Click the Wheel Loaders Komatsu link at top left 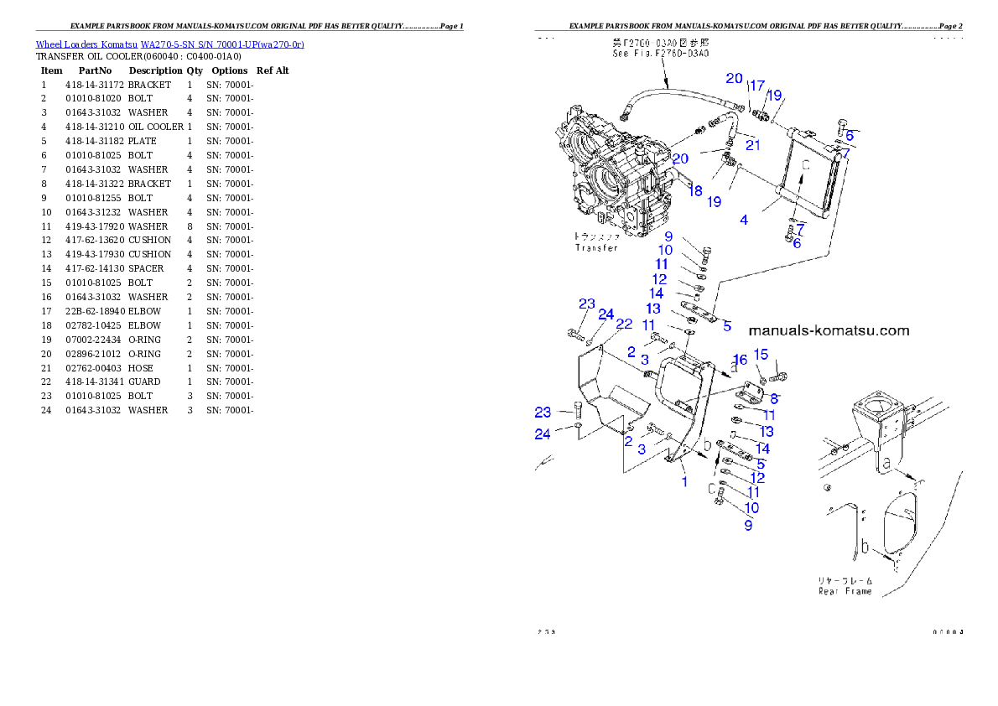pos(169,44)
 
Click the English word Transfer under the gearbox pos(595,247)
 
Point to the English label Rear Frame pos(845,591)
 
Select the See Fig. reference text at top pos(661,53)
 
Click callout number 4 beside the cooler pos(743,221)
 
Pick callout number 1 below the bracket pos(684,482)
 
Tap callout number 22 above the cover pos(624,324)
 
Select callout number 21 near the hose pos(752,146)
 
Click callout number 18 pos(695,191)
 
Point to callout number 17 pos(756,86)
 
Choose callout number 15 pos(761,355)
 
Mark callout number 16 pos(740,360)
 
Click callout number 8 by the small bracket pos(774,399)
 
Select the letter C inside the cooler pos(806,166)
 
